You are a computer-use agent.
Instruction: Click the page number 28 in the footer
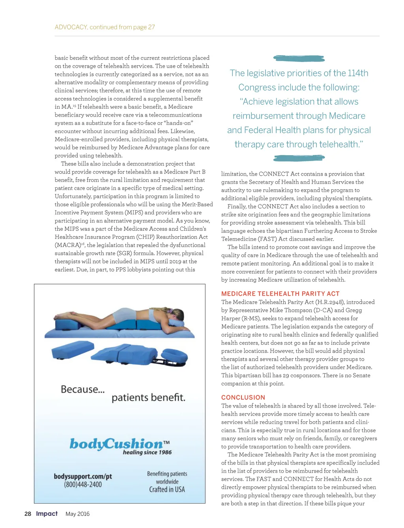click(28, 514)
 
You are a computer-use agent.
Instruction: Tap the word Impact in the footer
click(47, 513)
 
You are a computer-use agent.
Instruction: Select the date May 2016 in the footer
click(77, 514)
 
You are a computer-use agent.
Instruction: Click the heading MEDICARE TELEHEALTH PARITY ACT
click(280, 294)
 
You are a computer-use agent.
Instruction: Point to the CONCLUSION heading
click(243, 398)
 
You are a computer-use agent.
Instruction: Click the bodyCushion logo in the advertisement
click(117, 444)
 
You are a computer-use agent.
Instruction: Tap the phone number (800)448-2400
click(83, 485)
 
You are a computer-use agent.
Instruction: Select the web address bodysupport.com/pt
click(83, 476)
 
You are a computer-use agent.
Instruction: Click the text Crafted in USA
click(167, 489)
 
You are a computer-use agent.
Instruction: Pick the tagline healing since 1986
click(147, 452)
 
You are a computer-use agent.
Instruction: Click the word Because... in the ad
click(82, 389)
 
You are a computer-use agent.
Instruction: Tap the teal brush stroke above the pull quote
click(299, 59)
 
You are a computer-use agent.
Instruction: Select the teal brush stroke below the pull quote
click(299, 158)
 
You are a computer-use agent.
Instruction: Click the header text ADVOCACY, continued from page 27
click(105, 27)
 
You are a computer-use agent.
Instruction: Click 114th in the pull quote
click(358, 73)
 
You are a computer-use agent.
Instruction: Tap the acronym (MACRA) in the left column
click(68, 245)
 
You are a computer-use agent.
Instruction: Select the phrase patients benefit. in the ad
click(148, 398)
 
